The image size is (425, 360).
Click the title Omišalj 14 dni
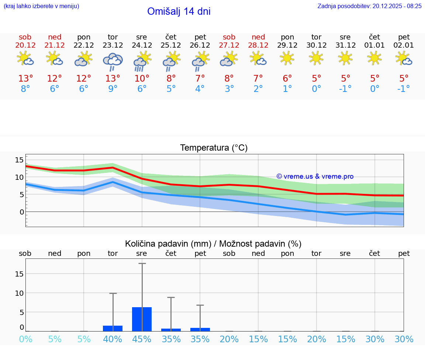pyautogui.click(x=179, y=11)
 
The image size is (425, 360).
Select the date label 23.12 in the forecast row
pyautogui.click(x=113, y=45)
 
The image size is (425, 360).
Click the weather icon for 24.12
pyautogui.click(x=142, y=61)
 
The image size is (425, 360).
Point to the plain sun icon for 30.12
pyautogui.click(x=316, y=58)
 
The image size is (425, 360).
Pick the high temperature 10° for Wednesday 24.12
pyautogui.click(x=142, y=79)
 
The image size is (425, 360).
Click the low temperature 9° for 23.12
pyautogui.click(x=113, y=89)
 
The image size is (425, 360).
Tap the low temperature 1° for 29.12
pyautogui.click(x=287, y=89)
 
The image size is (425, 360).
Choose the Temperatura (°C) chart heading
pyautogui.click(x=214, y=148)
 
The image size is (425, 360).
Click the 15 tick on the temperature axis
pyautogui.click(x=19, y=160)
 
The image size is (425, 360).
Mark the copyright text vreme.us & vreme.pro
pyautogui.click(x=315, y=176)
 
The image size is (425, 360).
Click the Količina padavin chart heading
pyautogui.click(x=213, y=244)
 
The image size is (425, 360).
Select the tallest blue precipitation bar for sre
pyautogui.click(x=142, y=319)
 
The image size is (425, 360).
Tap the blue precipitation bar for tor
pyautogui.click(x=113, y=328)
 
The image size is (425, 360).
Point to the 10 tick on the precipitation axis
pyautogui.click(x=19, y=293)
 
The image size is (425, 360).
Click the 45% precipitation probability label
pyautogui.click(x=142, y=339)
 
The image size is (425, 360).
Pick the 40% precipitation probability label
pyautogui.click(x=113, y=339)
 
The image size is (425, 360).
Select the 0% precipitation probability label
pyautogui.click(x=25, y=339)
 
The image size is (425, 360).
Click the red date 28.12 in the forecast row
pyautogui.click(x=258, y=45)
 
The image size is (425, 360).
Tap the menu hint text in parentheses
pyautogui.click(x=41, y=6)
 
